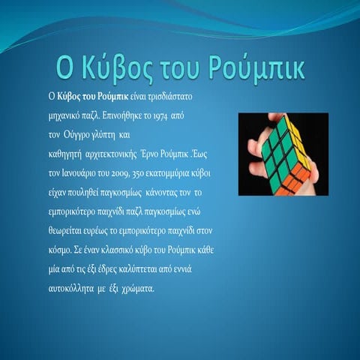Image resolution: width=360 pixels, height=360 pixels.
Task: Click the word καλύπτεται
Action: tap(158, 261)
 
